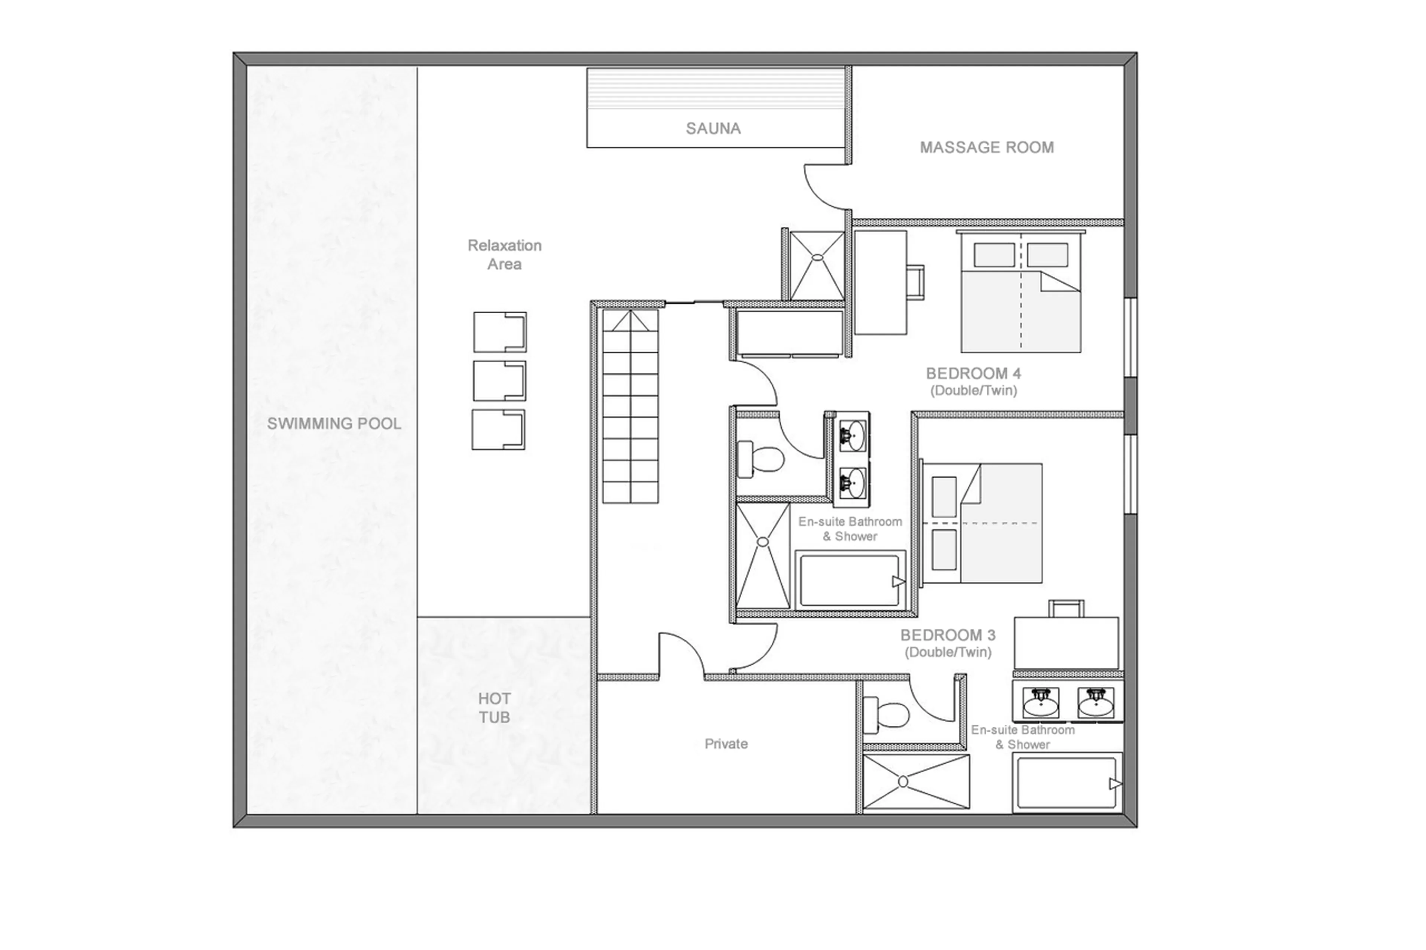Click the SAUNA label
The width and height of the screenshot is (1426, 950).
pos(713,128)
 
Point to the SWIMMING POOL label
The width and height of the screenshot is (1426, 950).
pos(334,424)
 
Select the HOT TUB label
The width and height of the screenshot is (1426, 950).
pos(494,708)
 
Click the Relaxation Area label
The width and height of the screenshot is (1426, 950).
pos(504,254)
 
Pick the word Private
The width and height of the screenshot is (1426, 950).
pos(725,743)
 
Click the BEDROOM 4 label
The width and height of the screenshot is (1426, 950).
pos(973,373)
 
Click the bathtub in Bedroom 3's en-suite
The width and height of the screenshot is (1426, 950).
pos(1067,783)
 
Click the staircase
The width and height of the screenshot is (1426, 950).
pos(630,406)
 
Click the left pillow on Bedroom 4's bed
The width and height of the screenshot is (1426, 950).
pos(993,255)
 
